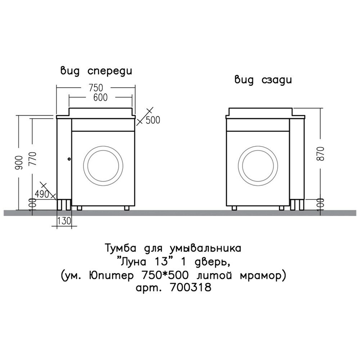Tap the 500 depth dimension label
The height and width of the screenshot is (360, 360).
pos(152,120)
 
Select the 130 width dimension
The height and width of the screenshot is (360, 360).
pos(63,221)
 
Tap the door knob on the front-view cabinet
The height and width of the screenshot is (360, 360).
pos(69,158)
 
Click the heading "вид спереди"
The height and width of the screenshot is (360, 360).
pos(96,71)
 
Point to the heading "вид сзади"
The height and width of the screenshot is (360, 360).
pos(263,80)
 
